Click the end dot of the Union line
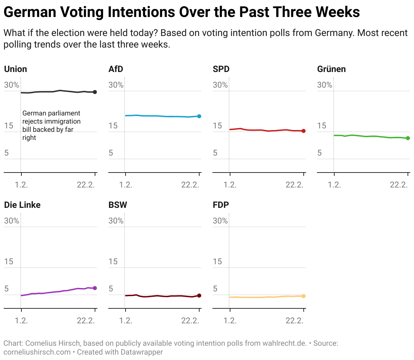pyautogui.click(x=95, y=92)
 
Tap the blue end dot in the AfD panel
pyautogui.click(x=199, y=116)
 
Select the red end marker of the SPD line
pyautogui.click(x=304, y=131)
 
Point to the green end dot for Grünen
pyautogui.click(x=408, y=138)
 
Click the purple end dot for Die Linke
pyautogui.click(x=95, y=288)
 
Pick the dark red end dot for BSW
pyautogui.click(x=199, y=295)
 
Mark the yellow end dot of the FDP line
pyautogui.click(x=304, y=296)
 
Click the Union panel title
pyautogui.click(x=16, y=69)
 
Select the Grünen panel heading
pyautogui.click(x=331, y=69)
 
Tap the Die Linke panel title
pyautogui.click(x=22, y=205)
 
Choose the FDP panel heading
pyautogui.click(x=221, y=205)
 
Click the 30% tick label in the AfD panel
pyautogui.click(x=116, y=85)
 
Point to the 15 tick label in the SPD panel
pyautogui.click(x=217, y=126)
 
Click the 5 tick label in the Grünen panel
pyautogui.click(x=319, y=153)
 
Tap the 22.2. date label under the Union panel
pyautogui.click(x=86, y=185)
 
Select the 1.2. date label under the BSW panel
pyautogui.click(x=126, y=321)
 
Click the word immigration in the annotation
pyautogui.click(x=62, y=121)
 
